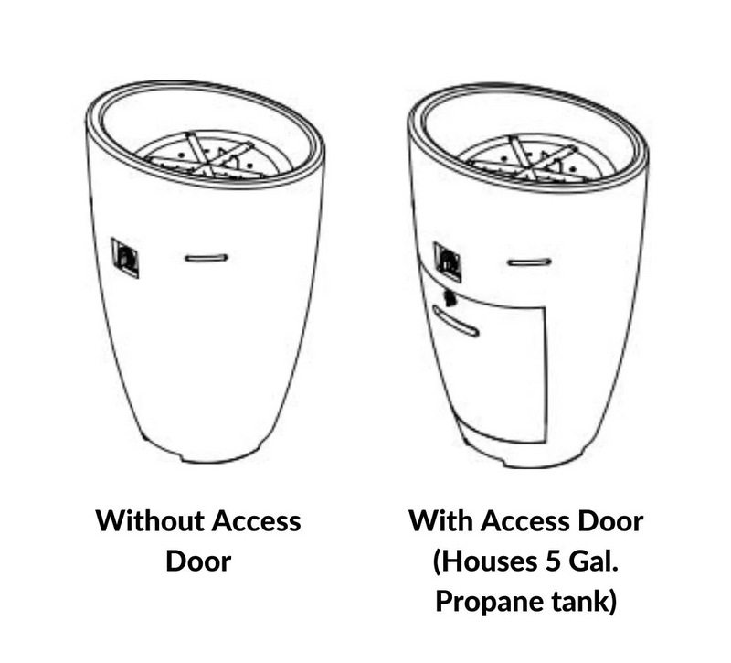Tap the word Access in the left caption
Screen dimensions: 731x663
tap(256, 521)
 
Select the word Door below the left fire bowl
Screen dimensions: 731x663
tap(198, 561)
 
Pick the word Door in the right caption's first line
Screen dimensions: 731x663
tap(610, 521)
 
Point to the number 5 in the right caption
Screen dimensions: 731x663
tap(553, 561)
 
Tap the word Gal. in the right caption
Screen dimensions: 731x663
tap(593, 561)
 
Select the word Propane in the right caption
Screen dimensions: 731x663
tap(489, 602)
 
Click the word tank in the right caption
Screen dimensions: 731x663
tap(579, 602)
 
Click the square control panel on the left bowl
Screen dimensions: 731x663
tap(124, 258)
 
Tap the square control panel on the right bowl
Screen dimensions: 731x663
tap(448, 262)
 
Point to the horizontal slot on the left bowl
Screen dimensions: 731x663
tap(207, 258)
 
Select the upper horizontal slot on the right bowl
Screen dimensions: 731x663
tap(529, 262)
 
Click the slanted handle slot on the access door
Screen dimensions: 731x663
tap(455, 321)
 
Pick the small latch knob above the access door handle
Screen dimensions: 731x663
tap(450, 298)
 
